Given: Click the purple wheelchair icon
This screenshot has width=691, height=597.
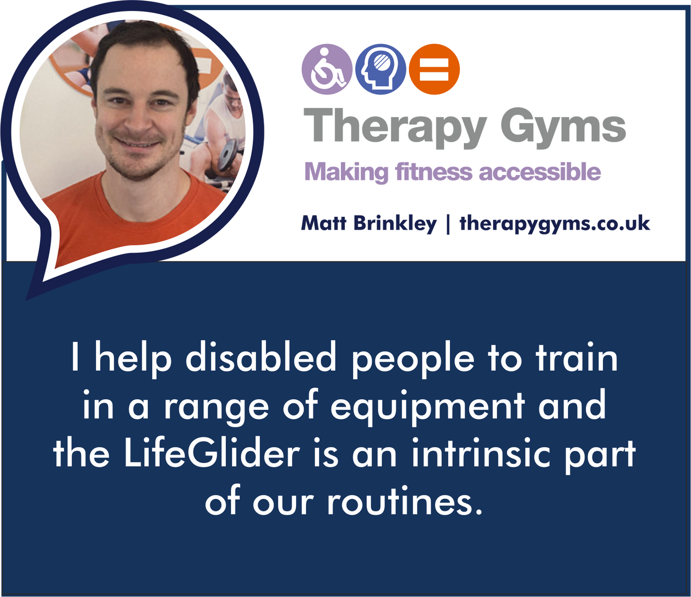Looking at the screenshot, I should [327, 69].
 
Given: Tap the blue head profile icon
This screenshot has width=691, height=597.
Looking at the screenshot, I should [381, 69].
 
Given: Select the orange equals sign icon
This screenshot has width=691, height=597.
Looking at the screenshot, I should [434, 69].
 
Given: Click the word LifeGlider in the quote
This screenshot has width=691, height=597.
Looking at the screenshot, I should [211, 454].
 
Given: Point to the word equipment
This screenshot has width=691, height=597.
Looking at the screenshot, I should [428, 406].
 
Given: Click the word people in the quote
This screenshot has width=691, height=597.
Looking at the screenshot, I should [413, 359].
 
